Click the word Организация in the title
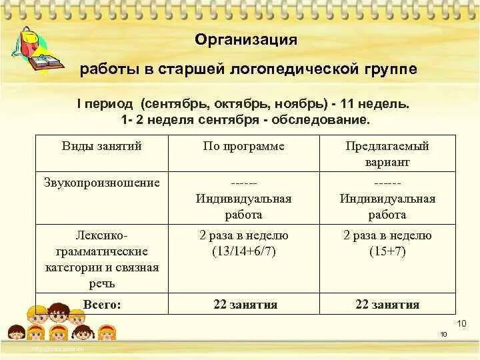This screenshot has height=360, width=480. [x=246, y=39]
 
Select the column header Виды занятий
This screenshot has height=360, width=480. [x=101, y=146]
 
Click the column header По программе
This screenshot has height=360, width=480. [x=243, y=146]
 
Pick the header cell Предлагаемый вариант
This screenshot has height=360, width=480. [x=387, y=153]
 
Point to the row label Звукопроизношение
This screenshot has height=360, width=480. [x=101, y=182]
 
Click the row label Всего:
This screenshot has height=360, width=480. [x=101, y=304]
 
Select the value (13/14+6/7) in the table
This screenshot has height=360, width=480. [x=243, y=251]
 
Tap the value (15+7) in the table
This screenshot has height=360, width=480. [x=387, y=251]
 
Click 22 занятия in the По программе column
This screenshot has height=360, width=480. [x=245, y=305]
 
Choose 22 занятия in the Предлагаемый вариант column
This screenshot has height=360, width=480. [x=387, y=305]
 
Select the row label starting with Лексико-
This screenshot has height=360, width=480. [x=101, y=259]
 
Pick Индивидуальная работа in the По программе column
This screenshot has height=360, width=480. [x=243, y=206]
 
